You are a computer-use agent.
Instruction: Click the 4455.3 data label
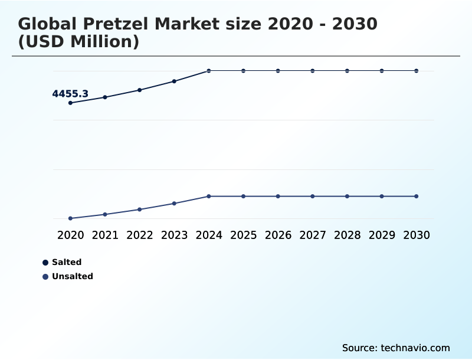point(70,94)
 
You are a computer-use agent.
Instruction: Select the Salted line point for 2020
point(70,103)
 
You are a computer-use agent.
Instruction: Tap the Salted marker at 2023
point(174,81)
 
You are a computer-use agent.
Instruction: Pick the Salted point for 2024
point(209,71)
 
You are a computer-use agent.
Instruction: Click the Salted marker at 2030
point(416,71)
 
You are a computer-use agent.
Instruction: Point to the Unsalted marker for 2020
point(70,218)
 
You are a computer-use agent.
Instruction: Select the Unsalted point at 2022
point(140,210)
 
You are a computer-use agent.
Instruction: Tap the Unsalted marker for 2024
point(209,196)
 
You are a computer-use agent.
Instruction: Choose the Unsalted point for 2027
point(313,196)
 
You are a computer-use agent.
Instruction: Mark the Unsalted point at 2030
point(416,196)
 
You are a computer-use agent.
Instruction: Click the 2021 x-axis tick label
point(105,235)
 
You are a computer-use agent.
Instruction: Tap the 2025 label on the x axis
point(243,235)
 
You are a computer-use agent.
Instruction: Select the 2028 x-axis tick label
point(347,235)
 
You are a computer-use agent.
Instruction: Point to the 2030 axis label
point(416,235)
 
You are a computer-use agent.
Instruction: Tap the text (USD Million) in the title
point(78,42)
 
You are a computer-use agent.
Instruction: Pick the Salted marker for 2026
point(278,71)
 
